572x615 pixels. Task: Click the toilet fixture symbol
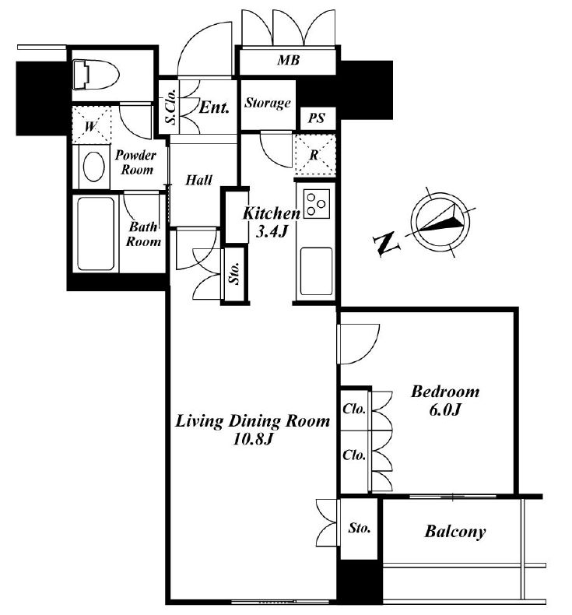(96, 74)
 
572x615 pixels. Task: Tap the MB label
(289, 60)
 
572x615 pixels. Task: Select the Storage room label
(268, 104)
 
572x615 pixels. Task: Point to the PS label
(317, 118)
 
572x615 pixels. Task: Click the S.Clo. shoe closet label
(170, 107)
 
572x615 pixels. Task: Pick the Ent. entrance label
(214, 107)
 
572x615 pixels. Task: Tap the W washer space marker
(90, 127)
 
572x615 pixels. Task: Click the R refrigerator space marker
(314, 156)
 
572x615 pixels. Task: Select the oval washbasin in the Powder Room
(94, 167)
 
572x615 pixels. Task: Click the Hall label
(198, 180)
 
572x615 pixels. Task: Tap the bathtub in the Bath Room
(96, 234)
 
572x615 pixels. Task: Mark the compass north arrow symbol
(440, 222)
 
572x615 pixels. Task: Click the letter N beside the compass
(387, 244)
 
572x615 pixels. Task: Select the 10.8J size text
(252, 439)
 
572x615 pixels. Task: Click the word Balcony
(455, 532)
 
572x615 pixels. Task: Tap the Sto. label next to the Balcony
(359, 529)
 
